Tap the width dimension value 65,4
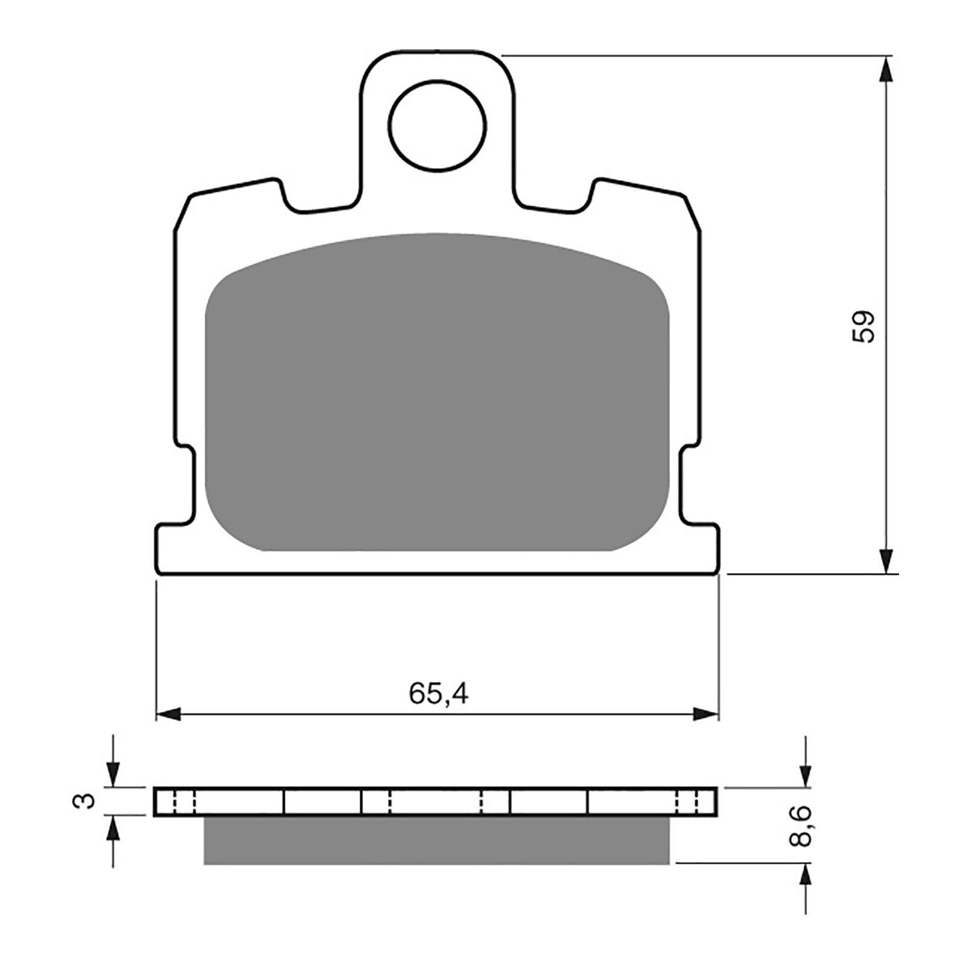(438, 695)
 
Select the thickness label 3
(87, 801)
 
